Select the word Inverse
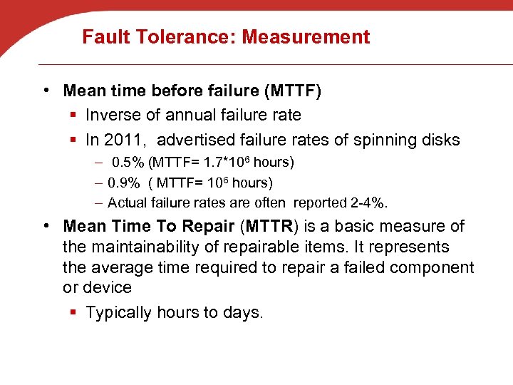tap(115, 115)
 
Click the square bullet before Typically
tap(73, 313)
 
